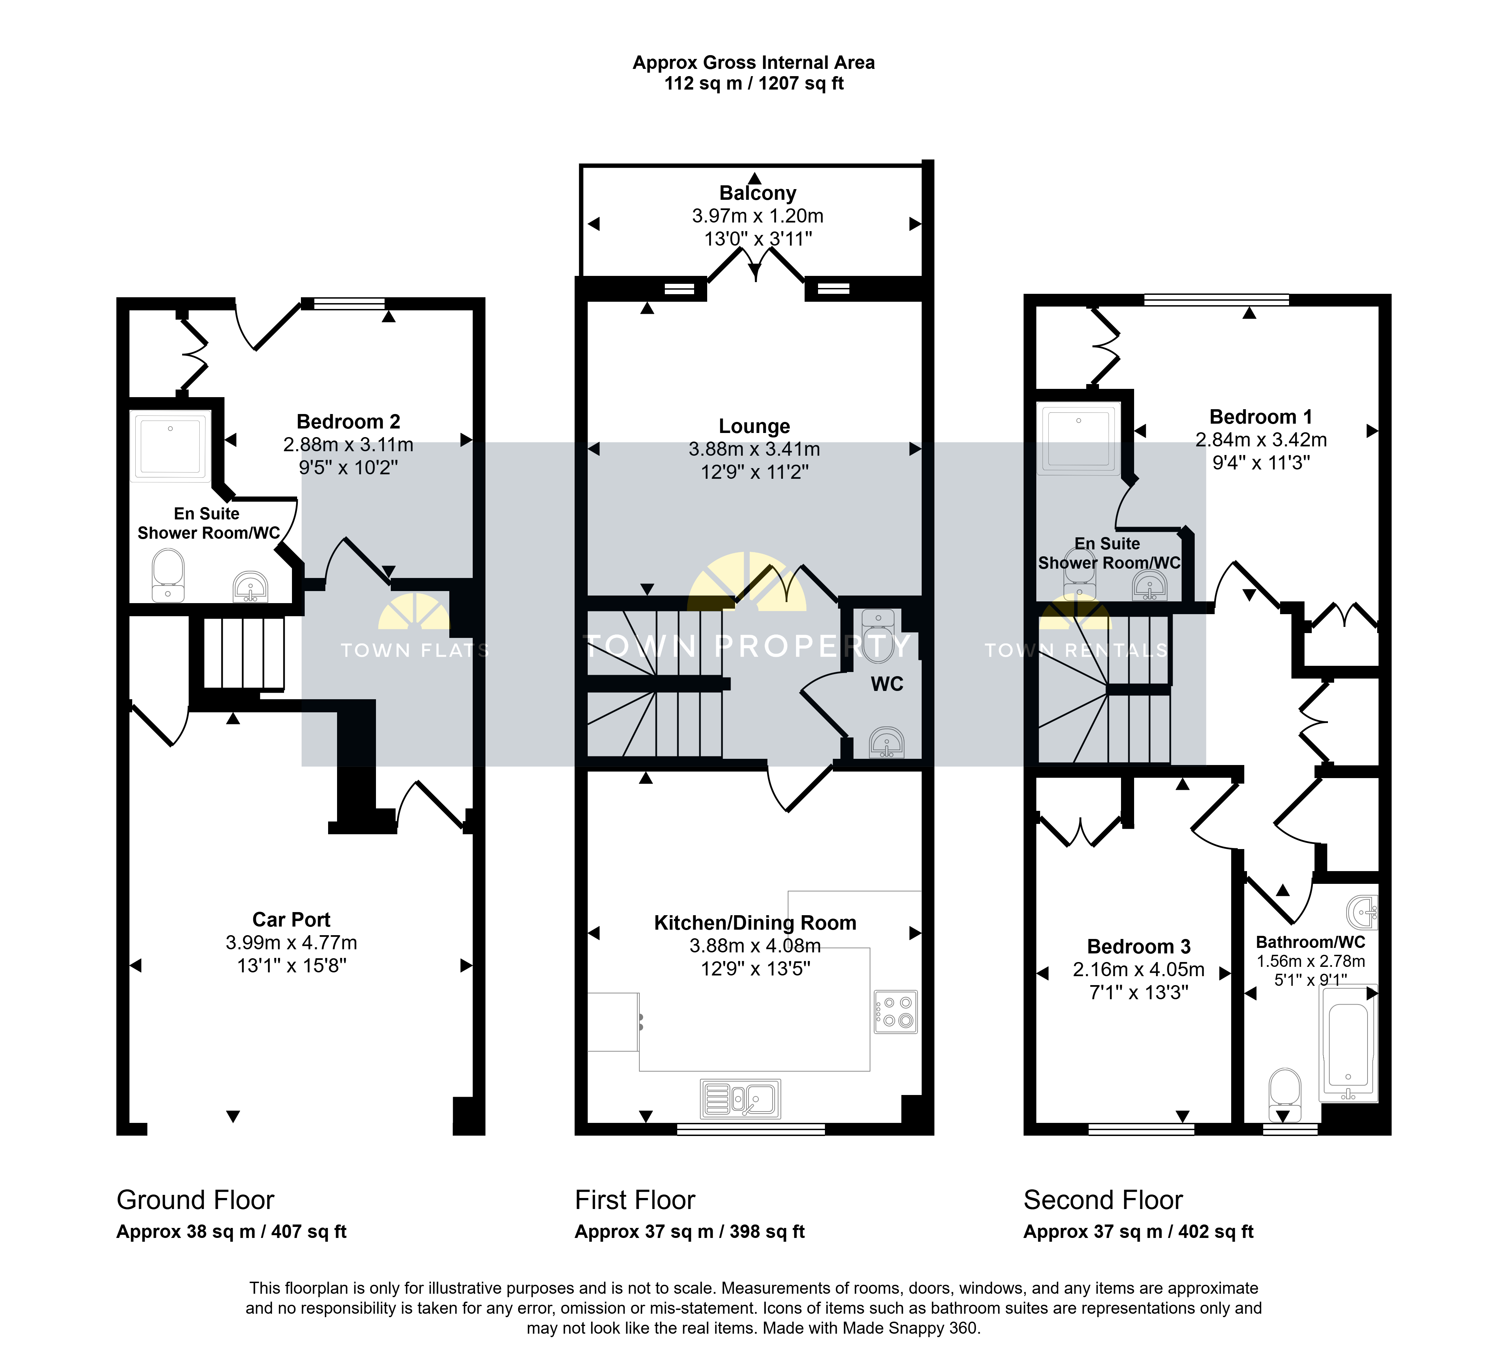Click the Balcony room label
[x=757, y=193]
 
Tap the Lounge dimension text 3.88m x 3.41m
[x=754, y=449]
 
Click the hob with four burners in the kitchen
[x=896, y=1012]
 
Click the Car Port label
[x=291, y=920]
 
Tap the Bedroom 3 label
[x=1139, y=947]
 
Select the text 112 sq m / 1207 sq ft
[x=754, y=83]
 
